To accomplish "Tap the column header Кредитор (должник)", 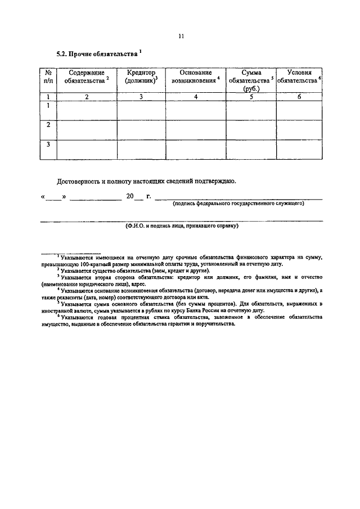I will point(141,77).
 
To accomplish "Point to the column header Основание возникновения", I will point(195,77).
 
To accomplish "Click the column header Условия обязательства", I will point(299,77).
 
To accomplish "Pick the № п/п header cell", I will point(48,77).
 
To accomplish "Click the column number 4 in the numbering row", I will point(195,97).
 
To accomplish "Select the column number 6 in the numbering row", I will point(299,97).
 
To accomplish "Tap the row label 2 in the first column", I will point(48,125).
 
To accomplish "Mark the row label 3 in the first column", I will point(48,145).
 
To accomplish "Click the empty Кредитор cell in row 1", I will point(141,110).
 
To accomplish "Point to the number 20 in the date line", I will point(130,197).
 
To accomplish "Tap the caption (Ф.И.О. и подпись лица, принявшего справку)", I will point(182,226).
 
